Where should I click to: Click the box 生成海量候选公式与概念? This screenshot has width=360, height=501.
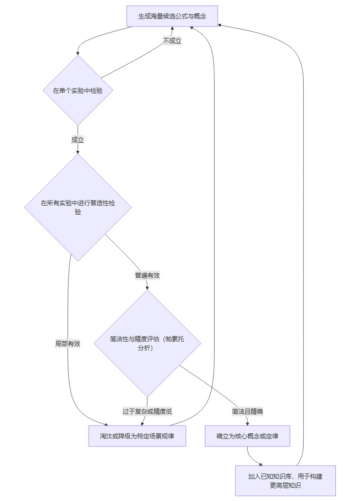coord(172,16)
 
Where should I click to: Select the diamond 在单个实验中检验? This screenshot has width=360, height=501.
coord(78,90)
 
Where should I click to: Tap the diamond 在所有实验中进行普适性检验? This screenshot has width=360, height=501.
coord(78,208)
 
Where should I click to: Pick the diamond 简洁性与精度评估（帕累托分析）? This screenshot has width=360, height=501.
coord(147,343)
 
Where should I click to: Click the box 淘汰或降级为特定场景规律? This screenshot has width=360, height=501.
coord(137,436)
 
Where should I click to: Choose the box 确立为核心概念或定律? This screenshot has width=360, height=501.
coord(247,436)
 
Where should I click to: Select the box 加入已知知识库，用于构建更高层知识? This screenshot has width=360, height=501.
coord(285,481)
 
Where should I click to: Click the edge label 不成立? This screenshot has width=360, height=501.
coord(172,41)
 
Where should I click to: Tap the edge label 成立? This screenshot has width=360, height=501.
coord(78,139)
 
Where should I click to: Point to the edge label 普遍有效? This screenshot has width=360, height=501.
coord(147,275)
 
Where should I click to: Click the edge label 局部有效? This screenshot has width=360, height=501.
coord(68,344)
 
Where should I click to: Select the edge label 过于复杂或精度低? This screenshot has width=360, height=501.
coord(147,411)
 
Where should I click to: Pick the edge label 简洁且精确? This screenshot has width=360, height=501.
coord(247,411)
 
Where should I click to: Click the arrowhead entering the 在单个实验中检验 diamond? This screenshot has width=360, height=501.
coord(78,53)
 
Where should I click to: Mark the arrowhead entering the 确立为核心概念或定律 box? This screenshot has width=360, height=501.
coord(247,423)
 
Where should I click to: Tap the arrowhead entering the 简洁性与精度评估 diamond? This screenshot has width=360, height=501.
coord(147,287)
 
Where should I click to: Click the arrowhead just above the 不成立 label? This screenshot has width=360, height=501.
coord(172,29)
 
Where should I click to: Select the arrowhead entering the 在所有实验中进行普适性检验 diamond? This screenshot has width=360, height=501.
coord(78,152)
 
